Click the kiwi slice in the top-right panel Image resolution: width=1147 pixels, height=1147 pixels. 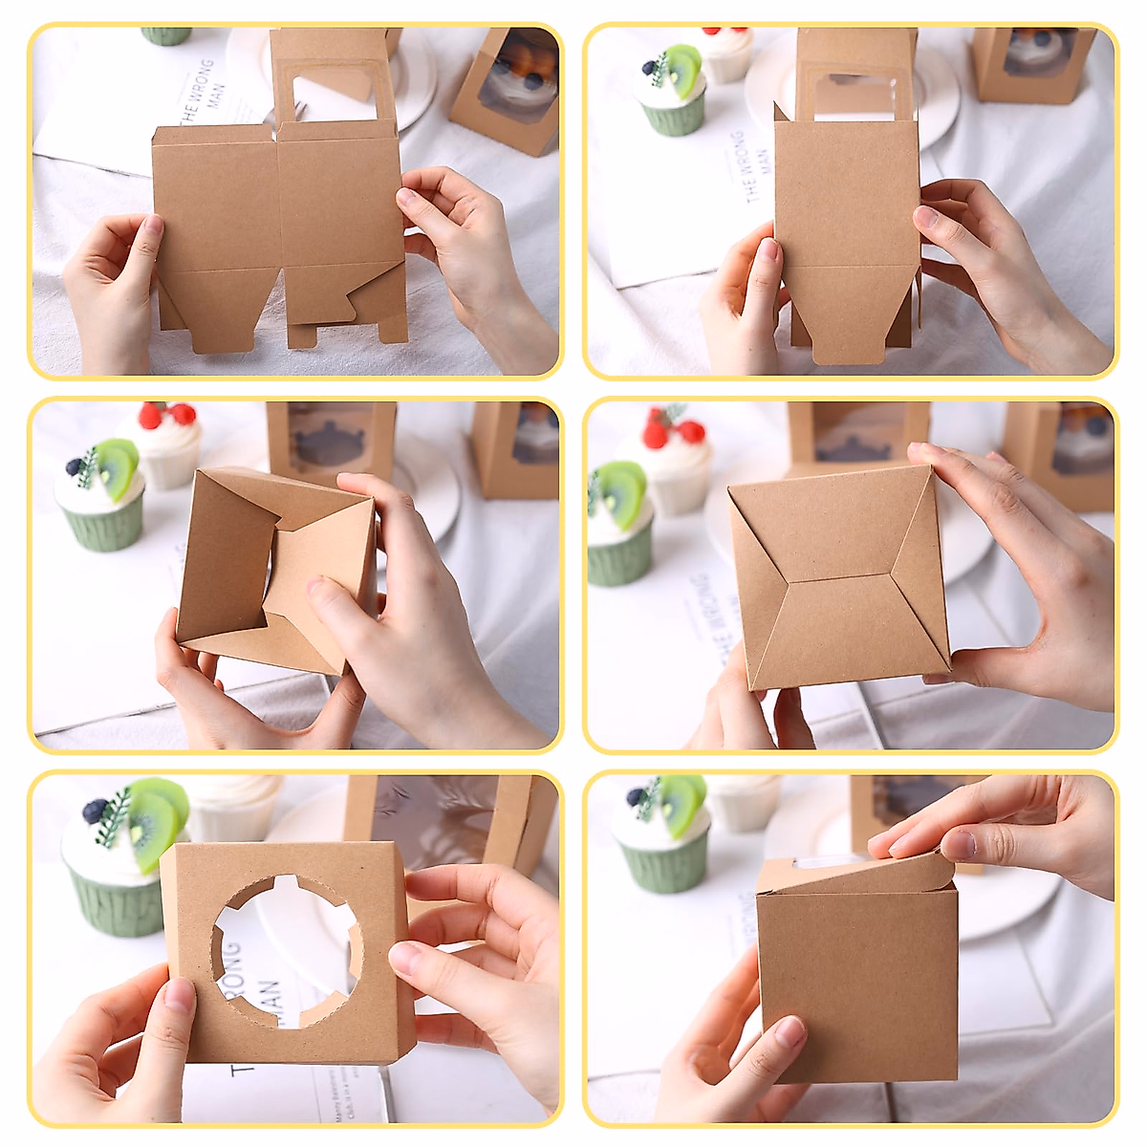[x=684, y=69]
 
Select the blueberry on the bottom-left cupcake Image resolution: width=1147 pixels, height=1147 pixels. [x=95, y=812]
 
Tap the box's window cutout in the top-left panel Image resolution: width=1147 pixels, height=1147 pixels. [x=334, y=96]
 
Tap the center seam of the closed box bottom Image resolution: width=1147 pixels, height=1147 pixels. [x=838, y=577]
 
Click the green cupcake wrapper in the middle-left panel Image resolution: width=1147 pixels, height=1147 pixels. [x=103, y=525]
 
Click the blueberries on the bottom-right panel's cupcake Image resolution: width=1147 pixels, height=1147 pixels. [x=638, y=796]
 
